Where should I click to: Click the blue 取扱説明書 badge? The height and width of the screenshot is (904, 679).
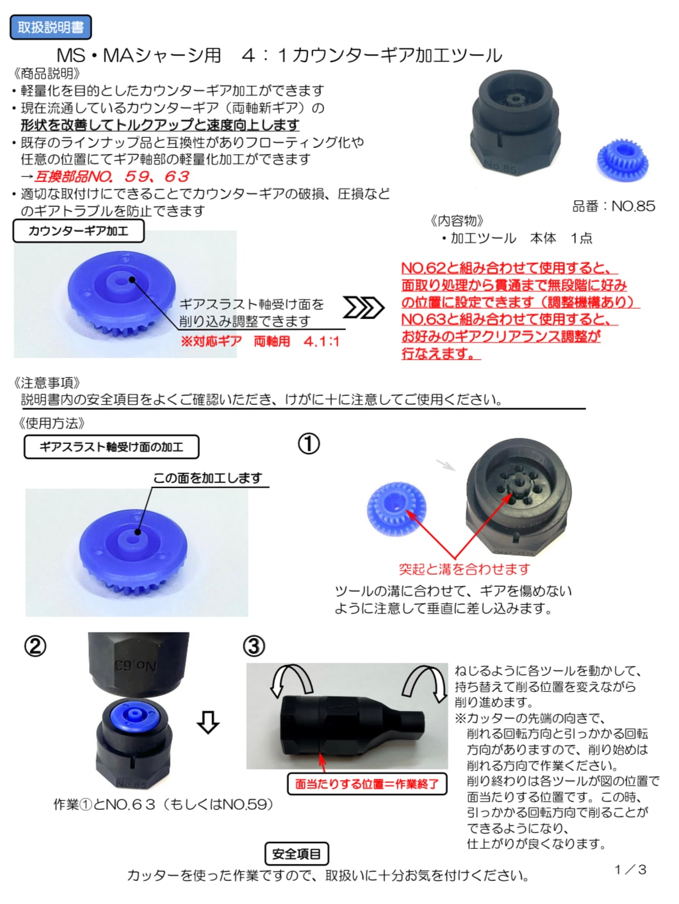coord(51,27)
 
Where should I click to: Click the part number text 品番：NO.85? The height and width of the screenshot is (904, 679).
coord(614,206)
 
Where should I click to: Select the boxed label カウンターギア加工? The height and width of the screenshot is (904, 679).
coord(79,231)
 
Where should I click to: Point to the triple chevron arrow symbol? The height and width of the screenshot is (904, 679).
coord(363,308)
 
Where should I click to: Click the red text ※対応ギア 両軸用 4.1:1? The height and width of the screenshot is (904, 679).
coord(260,341)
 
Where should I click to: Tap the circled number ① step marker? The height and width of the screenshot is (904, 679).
coord(308,445)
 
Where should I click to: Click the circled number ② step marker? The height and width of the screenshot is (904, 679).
coord(35,646)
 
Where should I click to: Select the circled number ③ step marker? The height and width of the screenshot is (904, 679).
coord(254,646)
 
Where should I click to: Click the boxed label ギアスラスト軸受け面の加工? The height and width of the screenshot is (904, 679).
coord(111,447)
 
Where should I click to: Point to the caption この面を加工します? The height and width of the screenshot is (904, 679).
coord(208,478)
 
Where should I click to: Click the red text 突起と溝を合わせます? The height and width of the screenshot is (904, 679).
coord(464,569)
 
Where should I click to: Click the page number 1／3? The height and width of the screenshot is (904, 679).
coord(630,870)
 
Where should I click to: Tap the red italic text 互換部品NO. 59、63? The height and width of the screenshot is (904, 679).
coord(111,177)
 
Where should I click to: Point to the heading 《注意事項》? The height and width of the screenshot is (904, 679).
coord(47,382)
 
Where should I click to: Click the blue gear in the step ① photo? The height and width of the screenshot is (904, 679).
coord(396,509)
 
